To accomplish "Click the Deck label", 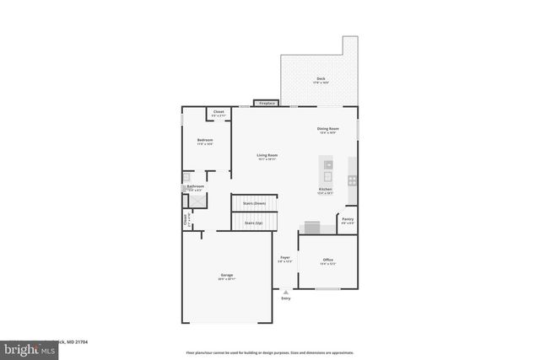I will pyautogui.click(x=321, y=78).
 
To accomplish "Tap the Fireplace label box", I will pyautogui.click(x=267, y=104).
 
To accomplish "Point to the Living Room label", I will pyautogui.click(x=267, y=155).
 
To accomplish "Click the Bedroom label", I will pyautogui.click(x=205, y=140).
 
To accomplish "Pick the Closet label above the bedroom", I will pyautogui.click(x=219, y=112).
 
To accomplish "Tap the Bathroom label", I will pyautogui.click(x=196, y=186).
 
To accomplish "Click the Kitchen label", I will pyautogui.click(x=325, y=190).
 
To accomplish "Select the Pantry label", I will pyautogui.click(x=347, y=219).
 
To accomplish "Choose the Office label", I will pyautogui.click(x=327, y=261).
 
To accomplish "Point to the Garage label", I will pyautogui.click(x=227, y=275).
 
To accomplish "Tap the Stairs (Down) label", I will pyautogui.click(x=254, y=203).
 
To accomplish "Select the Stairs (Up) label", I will pyautogui.click(x=253, y=223).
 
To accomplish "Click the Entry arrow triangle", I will pyautogui.click(x=285, y=292).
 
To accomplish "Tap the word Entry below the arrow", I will pyautogui.click(x=285, y=298).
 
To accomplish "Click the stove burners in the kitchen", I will pyautogui.click(x=352, y=180).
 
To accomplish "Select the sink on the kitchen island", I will pyautogui.click(x=328, y=164).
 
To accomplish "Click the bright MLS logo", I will pyautogui.click(x=25, y=348).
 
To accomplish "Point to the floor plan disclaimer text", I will pyautogui.click(x=269, y=352).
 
